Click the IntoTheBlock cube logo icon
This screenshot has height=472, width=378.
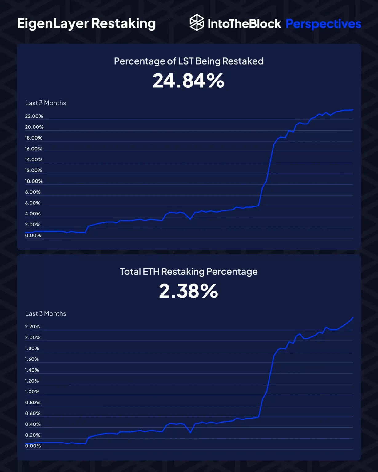(x=197, y=23)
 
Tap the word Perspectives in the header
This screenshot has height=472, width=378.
(x=323, y=24)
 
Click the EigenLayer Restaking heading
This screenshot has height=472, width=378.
(x=86, y=24)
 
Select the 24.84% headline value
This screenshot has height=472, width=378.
(x=189, y=81)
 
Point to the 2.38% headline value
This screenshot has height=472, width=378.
(x=189, y=291)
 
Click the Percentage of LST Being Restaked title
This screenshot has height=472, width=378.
(x=189, y=61)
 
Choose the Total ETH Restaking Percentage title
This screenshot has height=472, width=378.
(x=189, y=272)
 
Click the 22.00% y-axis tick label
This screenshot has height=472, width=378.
(x=34, y=116)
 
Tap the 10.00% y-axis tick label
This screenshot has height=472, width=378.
(x=34, y=181)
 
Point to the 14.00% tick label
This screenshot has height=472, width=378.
(x=34, y=159)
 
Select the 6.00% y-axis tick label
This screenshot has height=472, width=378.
(x=33, y=203)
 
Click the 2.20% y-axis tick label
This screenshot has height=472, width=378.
(x=32, y=327)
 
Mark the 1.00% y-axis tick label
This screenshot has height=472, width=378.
(x=32, y=392)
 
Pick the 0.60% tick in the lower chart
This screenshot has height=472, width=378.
(x=33, y=413)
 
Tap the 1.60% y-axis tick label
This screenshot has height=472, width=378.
(x=32, y=359)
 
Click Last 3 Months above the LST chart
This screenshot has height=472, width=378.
(x=46, y=103)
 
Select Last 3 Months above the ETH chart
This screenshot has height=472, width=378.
(x=46, y=314)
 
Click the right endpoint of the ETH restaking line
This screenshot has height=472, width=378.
(x=353, y=317)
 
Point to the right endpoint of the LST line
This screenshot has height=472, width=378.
(x=353, y=110)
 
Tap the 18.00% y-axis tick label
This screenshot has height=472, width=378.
(x=34, y=138)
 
